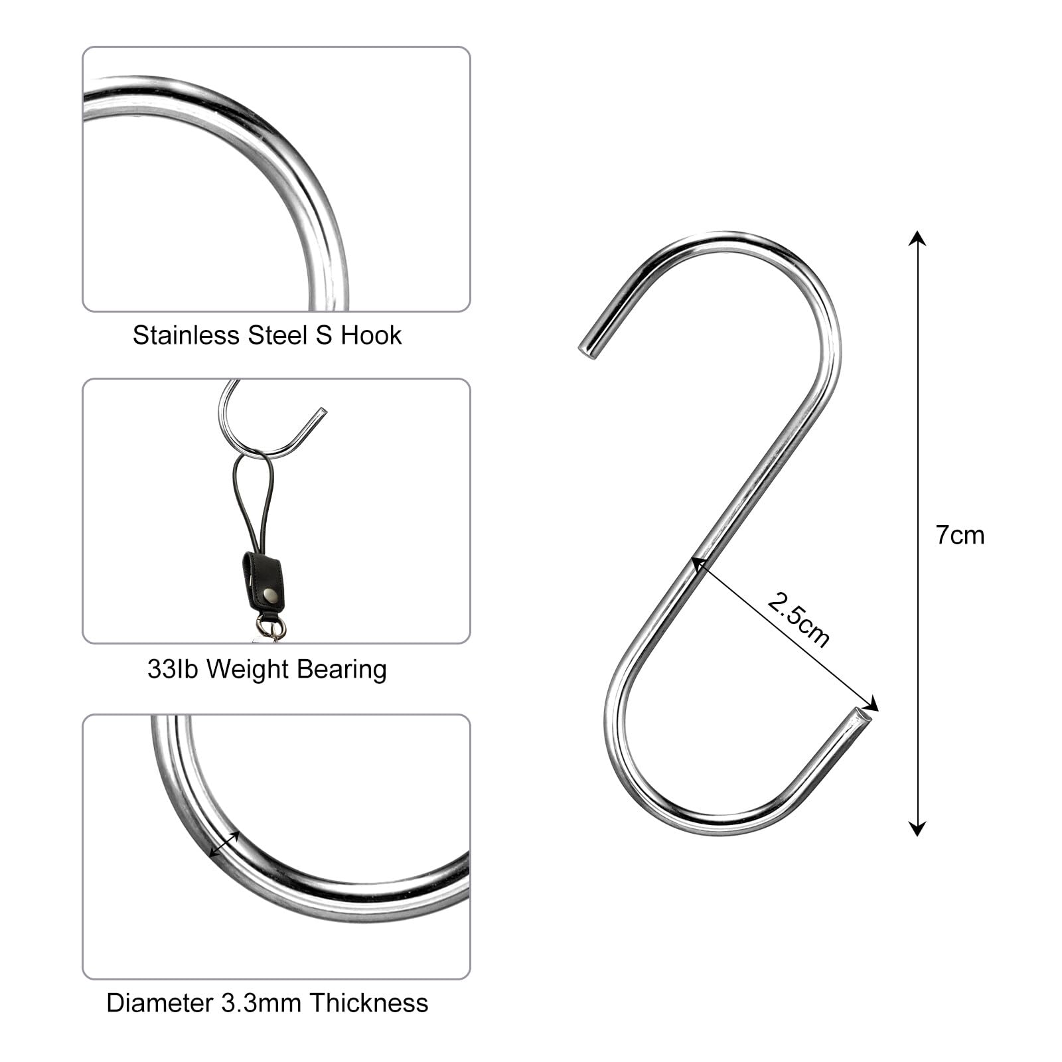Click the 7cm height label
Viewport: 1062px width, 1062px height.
[960, 535]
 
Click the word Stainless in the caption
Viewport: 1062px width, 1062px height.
[186, 335]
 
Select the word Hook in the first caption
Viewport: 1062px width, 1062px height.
[371, 335]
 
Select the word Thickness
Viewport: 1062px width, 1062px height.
[368, 1003]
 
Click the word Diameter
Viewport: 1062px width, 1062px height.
[159, 1003]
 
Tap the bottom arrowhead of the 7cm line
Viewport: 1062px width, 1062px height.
[917, 828]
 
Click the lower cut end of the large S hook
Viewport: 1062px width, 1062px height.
[864, 717]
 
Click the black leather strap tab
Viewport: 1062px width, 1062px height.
[262, 581]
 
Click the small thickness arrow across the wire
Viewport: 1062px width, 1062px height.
[224, 844]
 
